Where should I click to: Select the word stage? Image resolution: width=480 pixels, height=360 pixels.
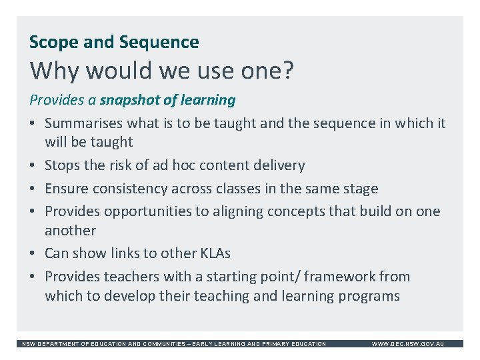click(x=360, y=189)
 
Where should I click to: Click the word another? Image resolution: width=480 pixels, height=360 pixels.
click(x=70, y=231)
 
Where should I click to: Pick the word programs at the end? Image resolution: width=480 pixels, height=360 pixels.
click(x=371, y=296)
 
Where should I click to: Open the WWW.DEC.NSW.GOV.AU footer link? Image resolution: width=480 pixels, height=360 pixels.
click(x=407, y=344)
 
